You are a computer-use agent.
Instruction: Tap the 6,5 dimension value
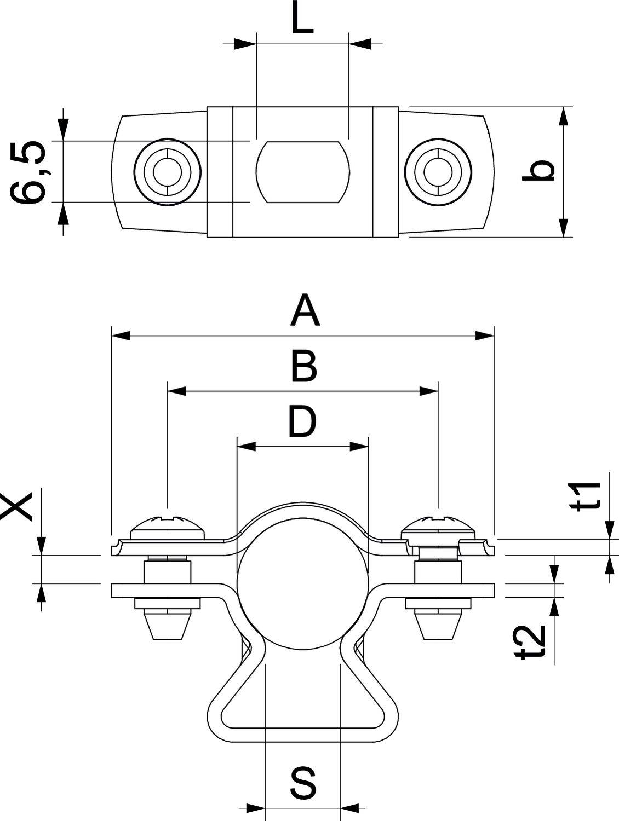click(29, 172)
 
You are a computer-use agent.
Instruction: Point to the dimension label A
click(305, 310)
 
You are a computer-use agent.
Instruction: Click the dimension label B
click(303, 367)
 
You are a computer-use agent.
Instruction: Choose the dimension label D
click(302, 422)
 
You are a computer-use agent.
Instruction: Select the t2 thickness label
click(532, 641)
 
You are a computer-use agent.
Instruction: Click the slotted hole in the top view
click(302, 172)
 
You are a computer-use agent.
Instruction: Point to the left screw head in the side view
click(168, 527)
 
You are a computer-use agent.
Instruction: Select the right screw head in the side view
click(438, 527)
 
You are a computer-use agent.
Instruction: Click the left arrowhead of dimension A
click(121, 335)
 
